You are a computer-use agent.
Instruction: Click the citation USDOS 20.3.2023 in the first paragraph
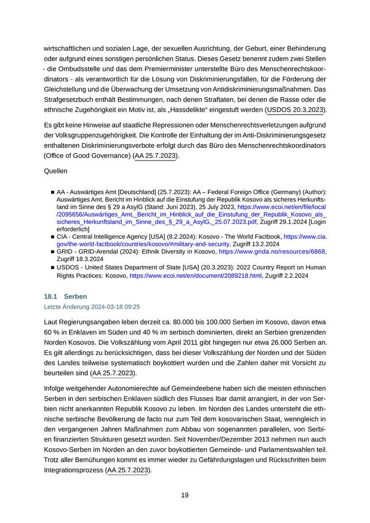296,110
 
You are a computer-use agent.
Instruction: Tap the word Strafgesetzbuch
71,100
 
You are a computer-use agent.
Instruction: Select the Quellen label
55,171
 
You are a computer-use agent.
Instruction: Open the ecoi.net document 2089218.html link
196,275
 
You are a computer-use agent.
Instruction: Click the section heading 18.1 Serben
66,296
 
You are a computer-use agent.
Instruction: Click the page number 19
184,495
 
